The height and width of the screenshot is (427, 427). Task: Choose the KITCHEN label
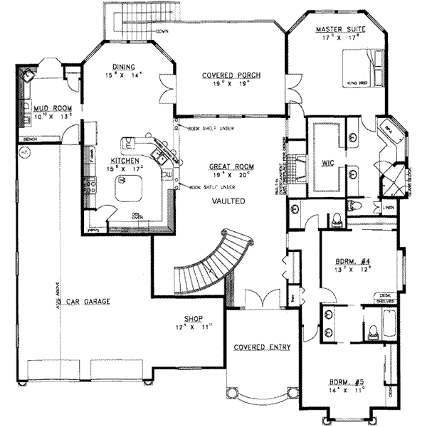pos(124,161)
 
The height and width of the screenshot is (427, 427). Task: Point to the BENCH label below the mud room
pos(30,139)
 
